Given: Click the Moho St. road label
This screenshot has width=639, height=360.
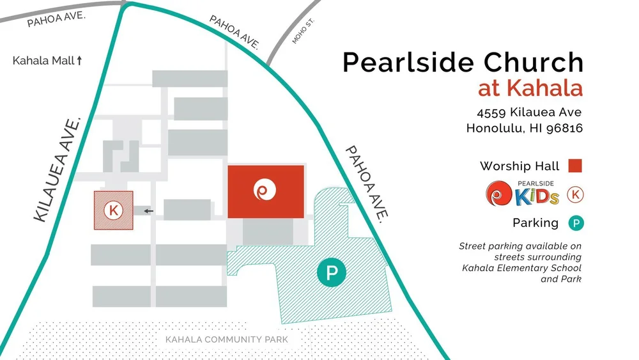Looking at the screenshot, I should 304,31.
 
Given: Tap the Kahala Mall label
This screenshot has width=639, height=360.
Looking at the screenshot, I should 43,61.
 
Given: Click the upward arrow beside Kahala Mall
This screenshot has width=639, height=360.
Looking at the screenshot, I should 80,61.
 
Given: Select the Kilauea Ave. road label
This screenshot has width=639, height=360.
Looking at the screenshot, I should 58,169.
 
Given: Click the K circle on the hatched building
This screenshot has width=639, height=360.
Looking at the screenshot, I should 114,209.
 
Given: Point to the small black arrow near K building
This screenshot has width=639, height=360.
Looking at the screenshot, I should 148,210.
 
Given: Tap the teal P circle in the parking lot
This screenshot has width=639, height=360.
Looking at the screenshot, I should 332,273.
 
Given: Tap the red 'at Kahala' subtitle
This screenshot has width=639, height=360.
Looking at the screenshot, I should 530,87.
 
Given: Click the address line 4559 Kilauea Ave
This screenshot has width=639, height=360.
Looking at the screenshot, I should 529,113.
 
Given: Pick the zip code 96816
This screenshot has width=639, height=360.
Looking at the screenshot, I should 564,128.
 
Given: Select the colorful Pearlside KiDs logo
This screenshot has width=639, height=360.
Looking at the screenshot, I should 522,193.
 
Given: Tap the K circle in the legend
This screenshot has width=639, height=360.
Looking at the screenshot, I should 576,194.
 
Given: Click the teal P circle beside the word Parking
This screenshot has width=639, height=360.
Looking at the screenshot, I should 576,223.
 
